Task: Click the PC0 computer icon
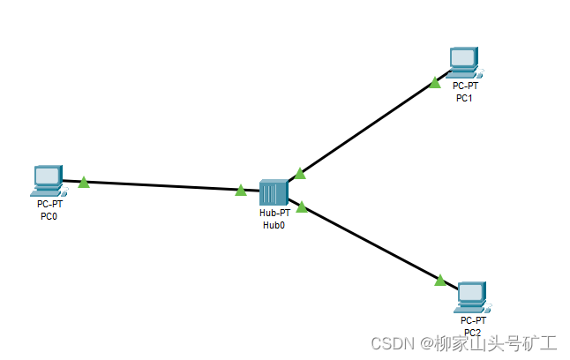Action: [47, 179]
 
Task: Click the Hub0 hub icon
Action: [274, 191]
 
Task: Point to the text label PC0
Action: [49, 215]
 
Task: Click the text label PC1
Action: [465, 97]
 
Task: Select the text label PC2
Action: [473, 332]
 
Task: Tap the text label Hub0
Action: [274, 225]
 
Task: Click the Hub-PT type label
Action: [274, 214]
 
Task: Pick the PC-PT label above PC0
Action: [49, 204]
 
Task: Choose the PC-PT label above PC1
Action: [465, 86]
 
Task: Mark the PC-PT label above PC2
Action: [473, 320]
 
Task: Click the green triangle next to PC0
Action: [84, 183]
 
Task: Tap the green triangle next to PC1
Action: [435, 83]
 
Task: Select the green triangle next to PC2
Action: [440, 280]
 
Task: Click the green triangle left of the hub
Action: [241, 190]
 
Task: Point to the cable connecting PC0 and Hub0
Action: [163, 185]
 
